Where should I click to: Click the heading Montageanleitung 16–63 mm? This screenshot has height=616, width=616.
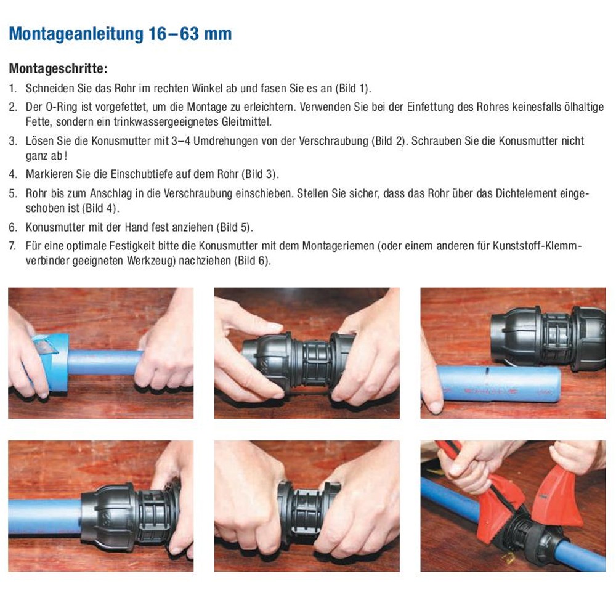click(x=120, y=34)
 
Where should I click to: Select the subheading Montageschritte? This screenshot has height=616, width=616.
click(x=58, y=68)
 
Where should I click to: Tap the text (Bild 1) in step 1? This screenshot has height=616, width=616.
click(x=352, y=88)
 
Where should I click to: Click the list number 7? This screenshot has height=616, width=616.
click(x=12, y=246)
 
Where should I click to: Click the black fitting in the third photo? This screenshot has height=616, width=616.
click(x=548, y=339)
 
